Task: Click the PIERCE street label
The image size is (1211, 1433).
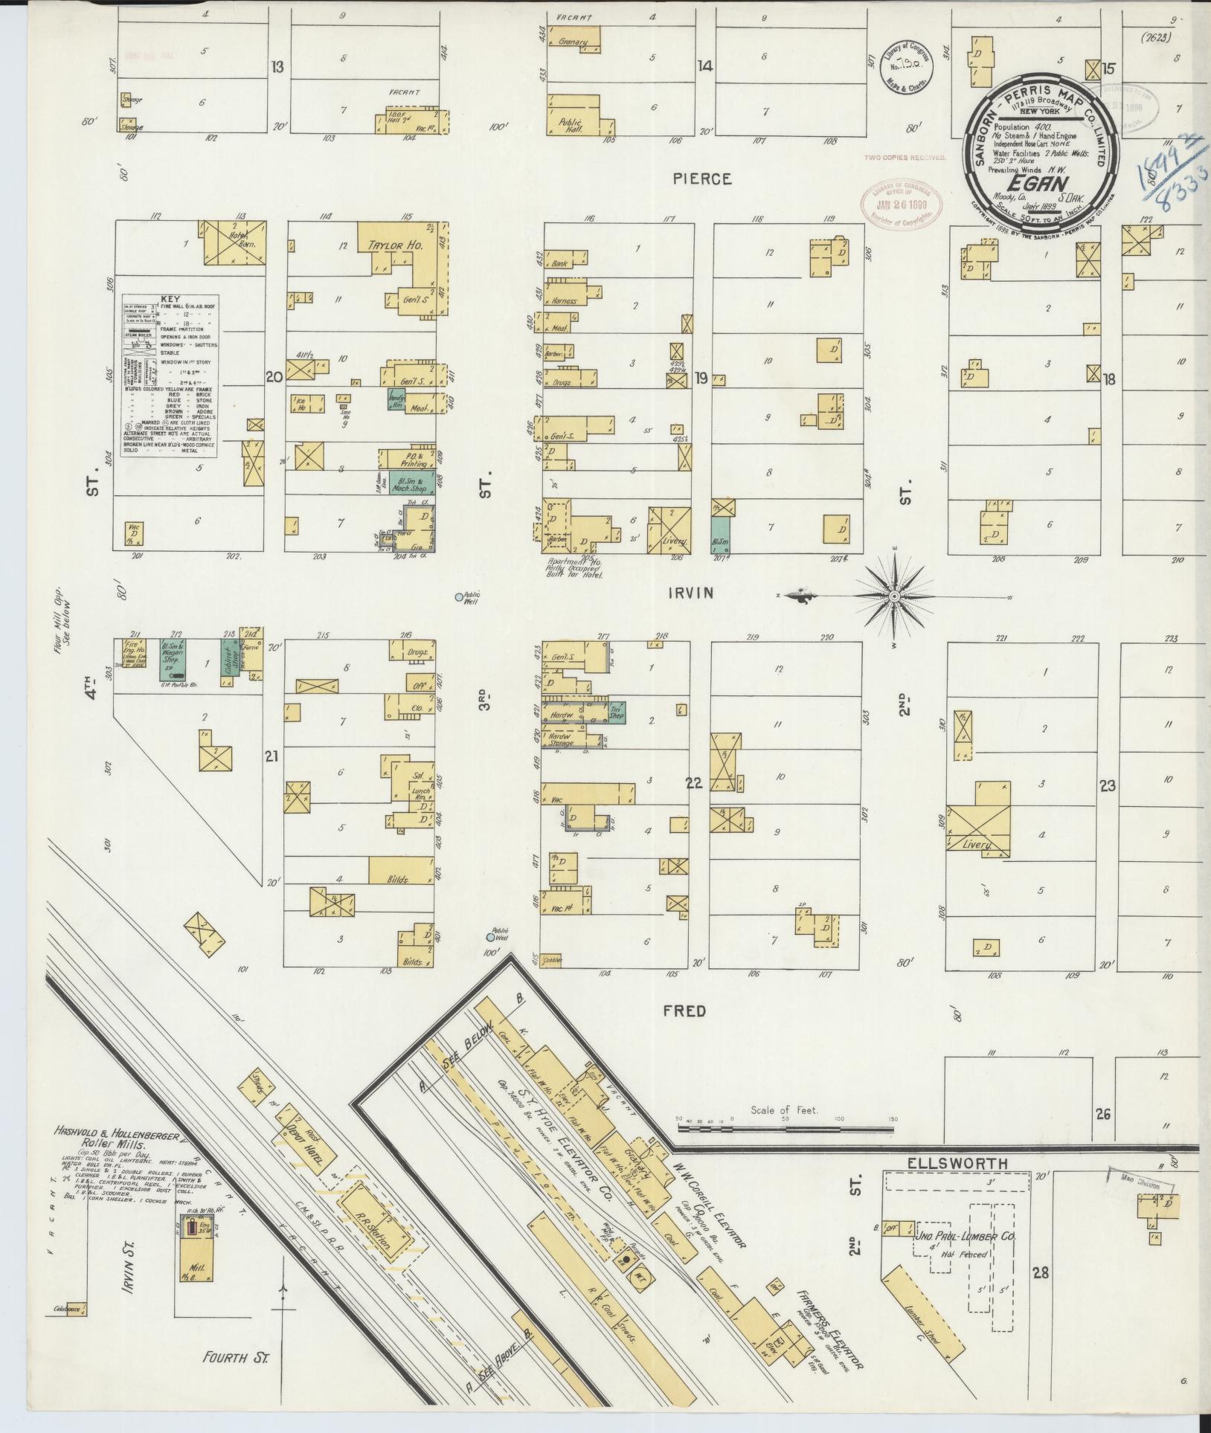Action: [x=702, y=179]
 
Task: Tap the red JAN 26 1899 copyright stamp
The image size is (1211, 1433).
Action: [x=903, y=202]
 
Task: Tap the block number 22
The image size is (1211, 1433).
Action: [x=693, y=783]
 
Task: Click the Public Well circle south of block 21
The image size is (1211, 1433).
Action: [x=491, y=937]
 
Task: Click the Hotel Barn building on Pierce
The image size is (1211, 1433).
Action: [x=232, y=242]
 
